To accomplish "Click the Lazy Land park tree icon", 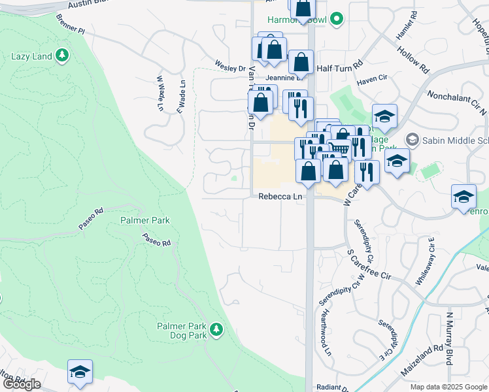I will tap(62, 56).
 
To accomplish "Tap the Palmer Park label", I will tap(145, 220).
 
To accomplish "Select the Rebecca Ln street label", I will tap(280, 196).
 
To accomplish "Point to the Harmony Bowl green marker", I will tap(337, 20).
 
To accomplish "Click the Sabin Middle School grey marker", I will tap(412, 139).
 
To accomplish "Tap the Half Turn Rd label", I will tap(339, 67).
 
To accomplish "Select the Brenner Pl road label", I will tap(71, 24).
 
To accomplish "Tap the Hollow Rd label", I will tap(415, 58).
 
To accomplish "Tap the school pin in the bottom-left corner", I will tap(80, 372).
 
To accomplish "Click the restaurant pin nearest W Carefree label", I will tap(367, 171).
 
